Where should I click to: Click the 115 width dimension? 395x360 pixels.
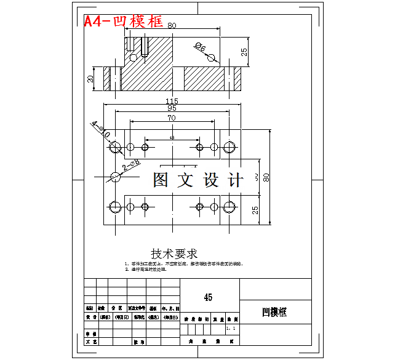click(x=172, y=101)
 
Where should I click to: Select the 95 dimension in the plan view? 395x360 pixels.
click(x=172, y=108)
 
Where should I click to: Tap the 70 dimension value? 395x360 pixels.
click(x=171, y=117)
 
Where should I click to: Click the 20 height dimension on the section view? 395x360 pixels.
click(x=90, y=79)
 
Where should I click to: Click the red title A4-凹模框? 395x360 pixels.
click(x=124, y=22)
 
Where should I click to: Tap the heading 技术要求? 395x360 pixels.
click(x=174, y=254)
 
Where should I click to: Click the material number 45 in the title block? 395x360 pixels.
click(x=208, y=297)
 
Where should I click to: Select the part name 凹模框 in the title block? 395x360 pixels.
click(x=274, y=312)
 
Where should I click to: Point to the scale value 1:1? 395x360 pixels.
click(x=231, y=329)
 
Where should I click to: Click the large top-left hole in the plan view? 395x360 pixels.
click(x=114, y=147)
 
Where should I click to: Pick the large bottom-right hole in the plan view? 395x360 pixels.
click(x=229, y=206)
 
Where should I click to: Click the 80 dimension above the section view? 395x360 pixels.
click(x=172, y=26)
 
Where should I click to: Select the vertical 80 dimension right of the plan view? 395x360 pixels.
click(x=266, y=178)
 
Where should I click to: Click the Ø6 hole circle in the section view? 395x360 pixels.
click(x=211, y=57)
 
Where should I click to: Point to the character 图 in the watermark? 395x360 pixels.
click(x=161, y=180)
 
